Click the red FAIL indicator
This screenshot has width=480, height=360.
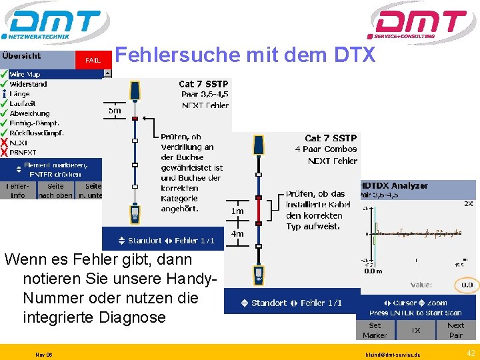tap(92, 60)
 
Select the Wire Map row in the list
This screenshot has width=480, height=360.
tap(25, 75)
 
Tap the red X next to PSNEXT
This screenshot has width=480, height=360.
tap(4, 152)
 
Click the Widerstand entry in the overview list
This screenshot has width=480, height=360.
tap(28, 85)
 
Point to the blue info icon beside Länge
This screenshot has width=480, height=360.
tap(4, 94)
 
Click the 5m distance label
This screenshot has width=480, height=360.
tap(115, 111)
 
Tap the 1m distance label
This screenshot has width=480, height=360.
tap(237, 211)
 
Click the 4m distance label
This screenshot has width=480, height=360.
tap(237, 234)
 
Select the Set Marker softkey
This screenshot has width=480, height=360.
tap(375, 330)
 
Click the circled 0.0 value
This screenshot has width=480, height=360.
tap(467, 285)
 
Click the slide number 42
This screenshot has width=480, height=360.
tap(470, 353)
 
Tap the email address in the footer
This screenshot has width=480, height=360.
tap(393, 354)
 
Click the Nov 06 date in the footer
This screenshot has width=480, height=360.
tap(44, 354)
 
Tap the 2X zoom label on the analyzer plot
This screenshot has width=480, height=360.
tap(469, 203)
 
